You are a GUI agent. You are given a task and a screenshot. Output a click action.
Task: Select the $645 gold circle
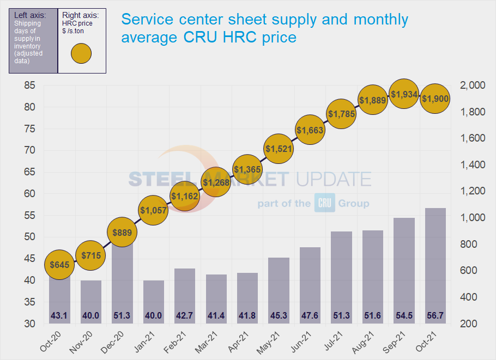click(x=59, y=265)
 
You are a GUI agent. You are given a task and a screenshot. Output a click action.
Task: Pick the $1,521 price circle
click(x=278, y=148)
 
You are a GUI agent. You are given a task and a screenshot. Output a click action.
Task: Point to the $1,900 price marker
click(x=435, y=98)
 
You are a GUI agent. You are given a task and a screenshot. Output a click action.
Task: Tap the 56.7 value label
click(x=435, y=315)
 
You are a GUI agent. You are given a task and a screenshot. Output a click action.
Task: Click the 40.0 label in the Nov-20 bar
click(x=90, y=315)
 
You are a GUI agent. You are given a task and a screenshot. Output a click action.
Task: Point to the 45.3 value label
click(x=278, y=315)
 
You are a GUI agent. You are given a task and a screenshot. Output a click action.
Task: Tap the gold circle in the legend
click(x=81, y=54)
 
